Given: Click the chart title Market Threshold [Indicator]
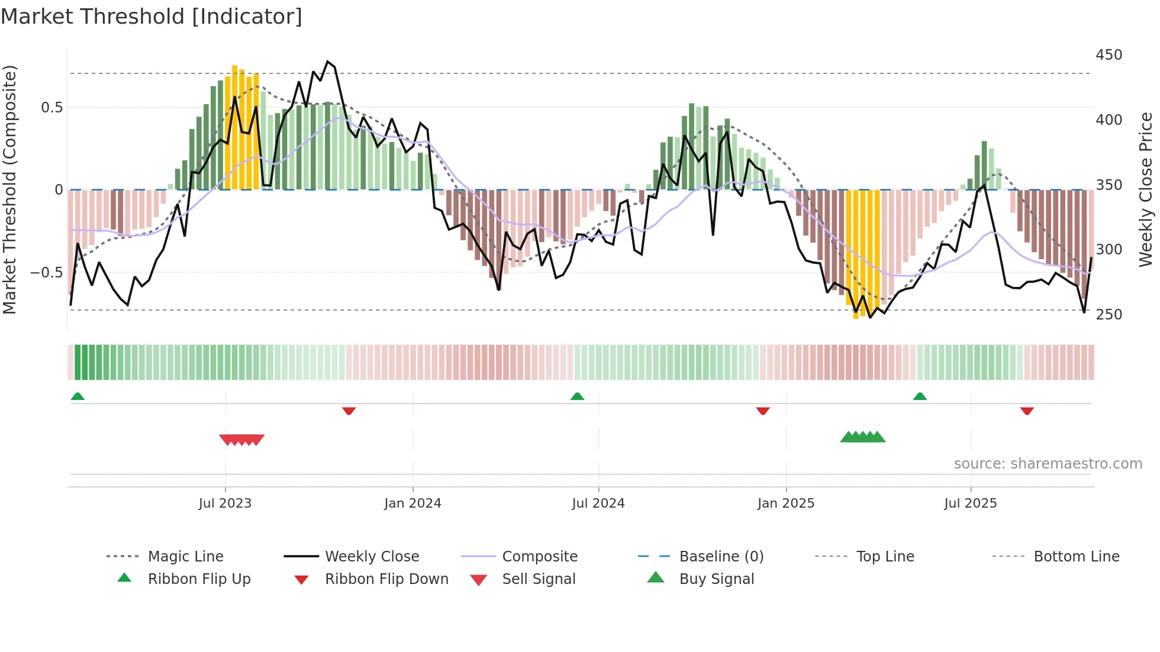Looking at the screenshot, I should click(x=152, y=17).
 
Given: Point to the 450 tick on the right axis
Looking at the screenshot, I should click(x=1109, y=55).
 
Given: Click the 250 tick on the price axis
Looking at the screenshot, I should click(x=1109, y=314).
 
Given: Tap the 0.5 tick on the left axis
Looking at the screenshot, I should click(x=51, y=108).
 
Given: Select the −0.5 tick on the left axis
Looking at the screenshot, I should click(x=47, y=273).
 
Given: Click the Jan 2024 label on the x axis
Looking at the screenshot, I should click(x=413, y=503).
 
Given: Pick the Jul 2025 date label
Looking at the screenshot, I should click(x=970, y=503).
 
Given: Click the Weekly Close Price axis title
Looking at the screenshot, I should click(x=1146, y=189).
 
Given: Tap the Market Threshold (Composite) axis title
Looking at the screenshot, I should click(x=9, y=189).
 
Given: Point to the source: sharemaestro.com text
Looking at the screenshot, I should click(x=1048, y=464).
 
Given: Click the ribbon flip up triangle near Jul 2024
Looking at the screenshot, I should click(x=577, y=396).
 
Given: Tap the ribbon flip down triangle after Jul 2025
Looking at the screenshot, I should click(x=1027, y=411).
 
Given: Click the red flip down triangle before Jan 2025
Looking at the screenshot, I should click(x=763, y=411).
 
